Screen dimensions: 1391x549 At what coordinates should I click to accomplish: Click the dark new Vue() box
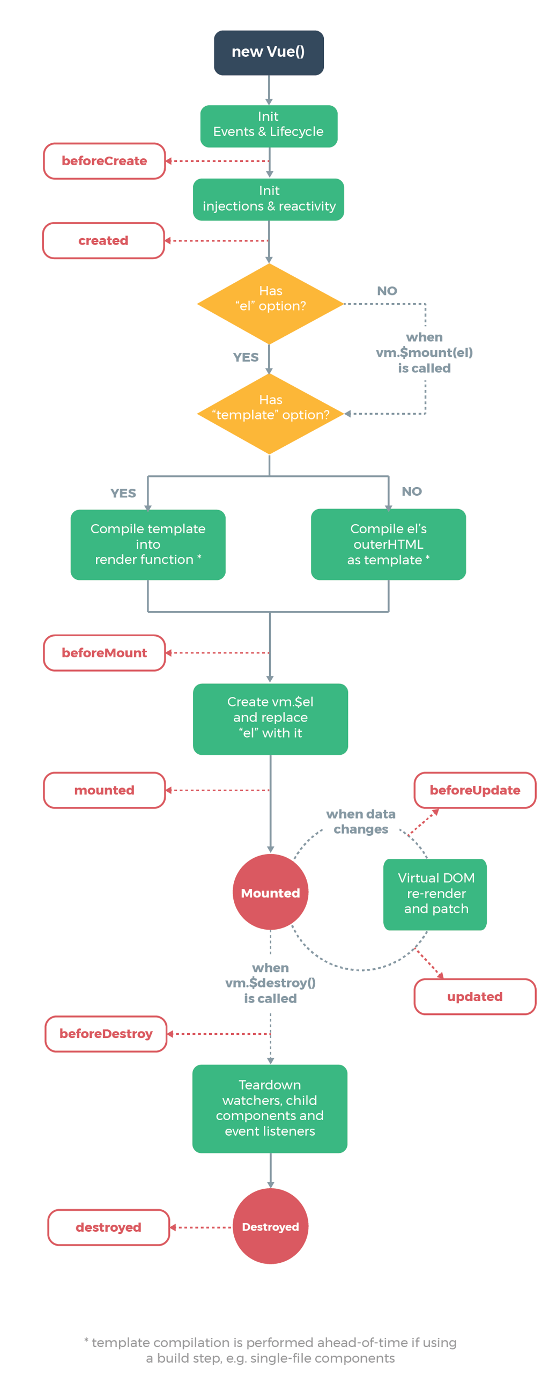pyautogui.click(x=268, y=53)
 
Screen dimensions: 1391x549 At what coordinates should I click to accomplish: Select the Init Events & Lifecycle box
pyautogui.click(x=268, y=126)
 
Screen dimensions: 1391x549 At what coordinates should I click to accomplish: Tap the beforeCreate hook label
pyautogui.click(x=104, y=161)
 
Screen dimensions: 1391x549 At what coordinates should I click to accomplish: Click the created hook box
pyautogui.click(x=103, y=240)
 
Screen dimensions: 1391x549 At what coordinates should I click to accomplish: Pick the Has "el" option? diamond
pyautogui.click(x=270, y=304)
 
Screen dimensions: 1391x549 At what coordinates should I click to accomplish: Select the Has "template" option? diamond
pyautogui.click(x=270, y=413)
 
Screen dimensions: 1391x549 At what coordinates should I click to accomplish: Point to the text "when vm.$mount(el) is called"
pyautogui.click(x=424, y=352)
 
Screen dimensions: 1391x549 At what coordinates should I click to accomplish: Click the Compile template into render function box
pyautogui.click(x=147, y=544)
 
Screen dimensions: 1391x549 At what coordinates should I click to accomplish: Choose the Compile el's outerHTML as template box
pyautogui.click(x=388, y=544)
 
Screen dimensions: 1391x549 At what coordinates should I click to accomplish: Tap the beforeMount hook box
pyautogui.click(x=104, y=652)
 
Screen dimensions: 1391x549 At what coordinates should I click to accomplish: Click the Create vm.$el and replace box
pyautogui.click(x=270, y=718)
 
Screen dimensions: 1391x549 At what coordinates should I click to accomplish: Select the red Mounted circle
pyautogui.click(x=270, y=892)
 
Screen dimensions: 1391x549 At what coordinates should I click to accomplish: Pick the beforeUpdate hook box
pyautogui.click(x=474, y=790)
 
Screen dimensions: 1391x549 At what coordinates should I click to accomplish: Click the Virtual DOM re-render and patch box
pyautogui.click(x=435, y=894)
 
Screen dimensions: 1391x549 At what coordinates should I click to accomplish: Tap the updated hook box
pyautogui.click(x=474, y=996)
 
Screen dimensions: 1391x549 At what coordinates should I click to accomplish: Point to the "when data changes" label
pyautogui.click(x=360, y=821)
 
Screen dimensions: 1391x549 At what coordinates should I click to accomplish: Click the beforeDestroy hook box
pyautogui.click(x=106, y=1033)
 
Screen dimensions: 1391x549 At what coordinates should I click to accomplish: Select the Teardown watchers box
pyautogui.click(x=269, y=1108)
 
